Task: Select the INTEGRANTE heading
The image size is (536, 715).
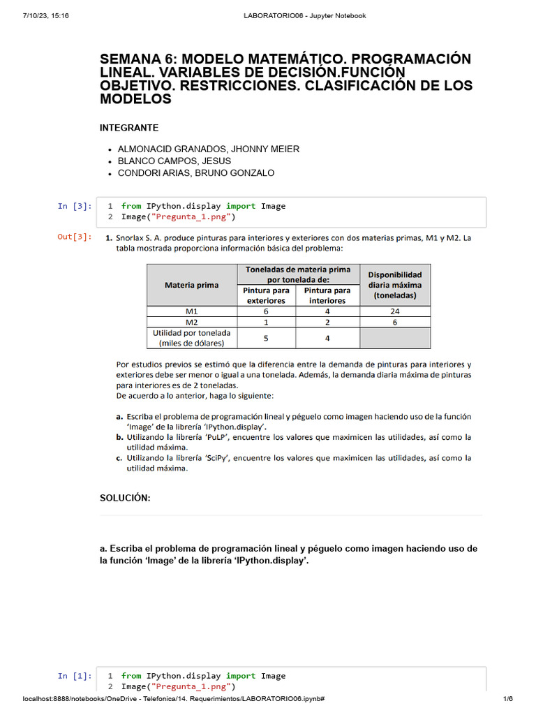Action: click(x=129, y=128)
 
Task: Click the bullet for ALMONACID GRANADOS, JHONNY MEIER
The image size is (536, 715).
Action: click(x=110, y=149)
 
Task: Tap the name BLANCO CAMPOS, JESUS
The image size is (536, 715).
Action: click(x=174, y=161)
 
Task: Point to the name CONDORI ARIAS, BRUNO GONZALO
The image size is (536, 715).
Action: click(x=196, y=173)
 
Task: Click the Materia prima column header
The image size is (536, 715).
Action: click(x=191, y=285)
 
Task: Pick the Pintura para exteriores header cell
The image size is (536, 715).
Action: click(x=266, y=295)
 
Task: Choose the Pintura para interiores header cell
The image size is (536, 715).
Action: click(x=327, y=295)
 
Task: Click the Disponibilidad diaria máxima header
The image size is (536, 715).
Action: click(x=395, y=285)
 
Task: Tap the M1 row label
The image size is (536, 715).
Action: click(x=191, y=311)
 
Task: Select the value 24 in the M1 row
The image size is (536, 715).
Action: click(x=395, y=311)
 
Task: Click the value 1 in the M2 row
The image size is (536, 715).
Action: click(x=266, y=323)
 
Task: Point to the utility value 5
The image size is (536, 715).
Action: click(x=266, y=338)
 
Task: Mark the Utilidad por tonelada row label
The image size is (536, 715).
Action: click(x=191, y=338)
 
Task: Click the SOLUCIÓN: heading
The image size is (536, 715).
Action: click(x=125, y=497)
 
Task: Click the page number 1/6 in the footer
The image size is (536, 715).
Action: click(x=507, y=699)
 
